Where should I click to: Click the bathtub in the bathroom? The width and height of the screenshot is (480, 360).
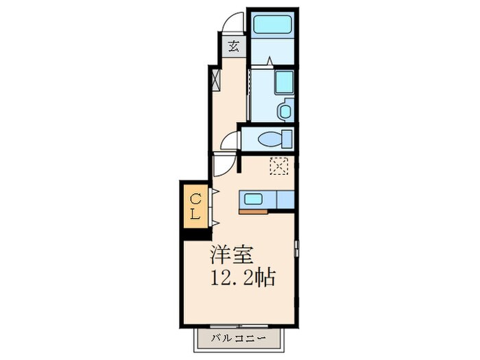272,25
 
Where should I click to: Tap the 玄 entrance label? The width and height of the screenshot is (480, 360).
234,47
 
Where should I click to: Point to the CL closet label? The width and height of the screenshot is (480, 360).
195,206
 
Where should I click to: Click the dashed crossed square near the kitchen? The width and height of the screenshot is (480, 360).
279,167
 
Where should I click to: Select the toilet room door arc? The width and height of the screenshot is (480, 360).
230,141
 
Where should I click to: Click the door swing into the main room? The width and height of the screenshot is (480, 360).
224,166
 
